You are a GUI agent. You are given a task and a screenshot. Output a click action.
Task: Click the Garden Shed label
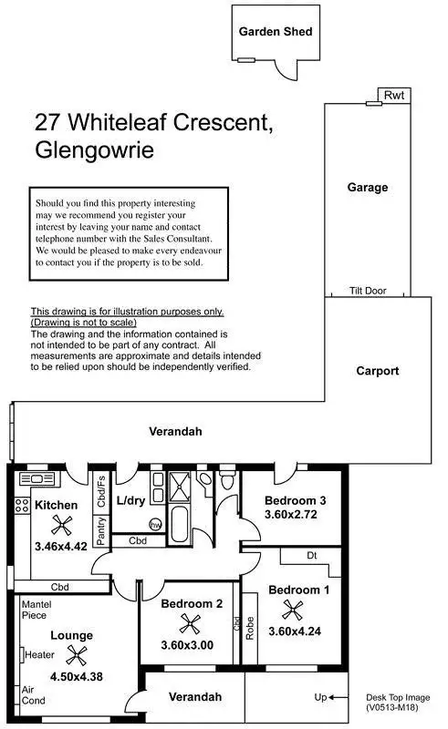(276, 31)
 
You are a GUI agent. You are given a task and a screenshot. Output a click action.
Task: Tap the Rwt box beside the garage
(393, 95)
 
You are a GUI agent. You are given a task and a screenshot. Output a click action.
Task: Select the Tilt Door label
(368, 291)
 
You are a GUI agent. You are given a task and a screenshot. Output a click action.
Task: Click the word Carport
(377, 371)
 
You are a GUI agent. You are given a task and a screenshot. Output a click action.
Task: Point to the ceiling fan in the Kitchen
(61, 524)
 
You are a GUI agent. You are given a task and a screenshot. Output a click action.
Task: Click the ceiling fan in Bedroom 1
(291, 609)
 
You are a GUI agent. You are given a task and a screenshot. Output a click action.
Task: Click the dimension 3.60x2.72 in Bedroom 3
(290, 515)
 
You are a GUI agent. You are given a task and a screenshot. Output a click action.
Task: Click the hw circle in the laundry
(155, 524)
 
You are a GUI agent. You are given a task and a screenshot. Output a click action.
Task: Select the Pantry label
(101, 530)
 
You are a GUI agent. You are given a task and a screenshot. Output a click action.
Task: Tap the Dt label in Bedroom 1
(311, 555)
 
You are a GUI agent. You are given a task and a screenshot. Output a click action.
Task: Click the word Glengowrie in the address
(93, 149)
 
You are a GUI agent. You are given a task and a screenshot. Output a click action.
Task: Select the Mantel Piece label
(36, 609)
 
